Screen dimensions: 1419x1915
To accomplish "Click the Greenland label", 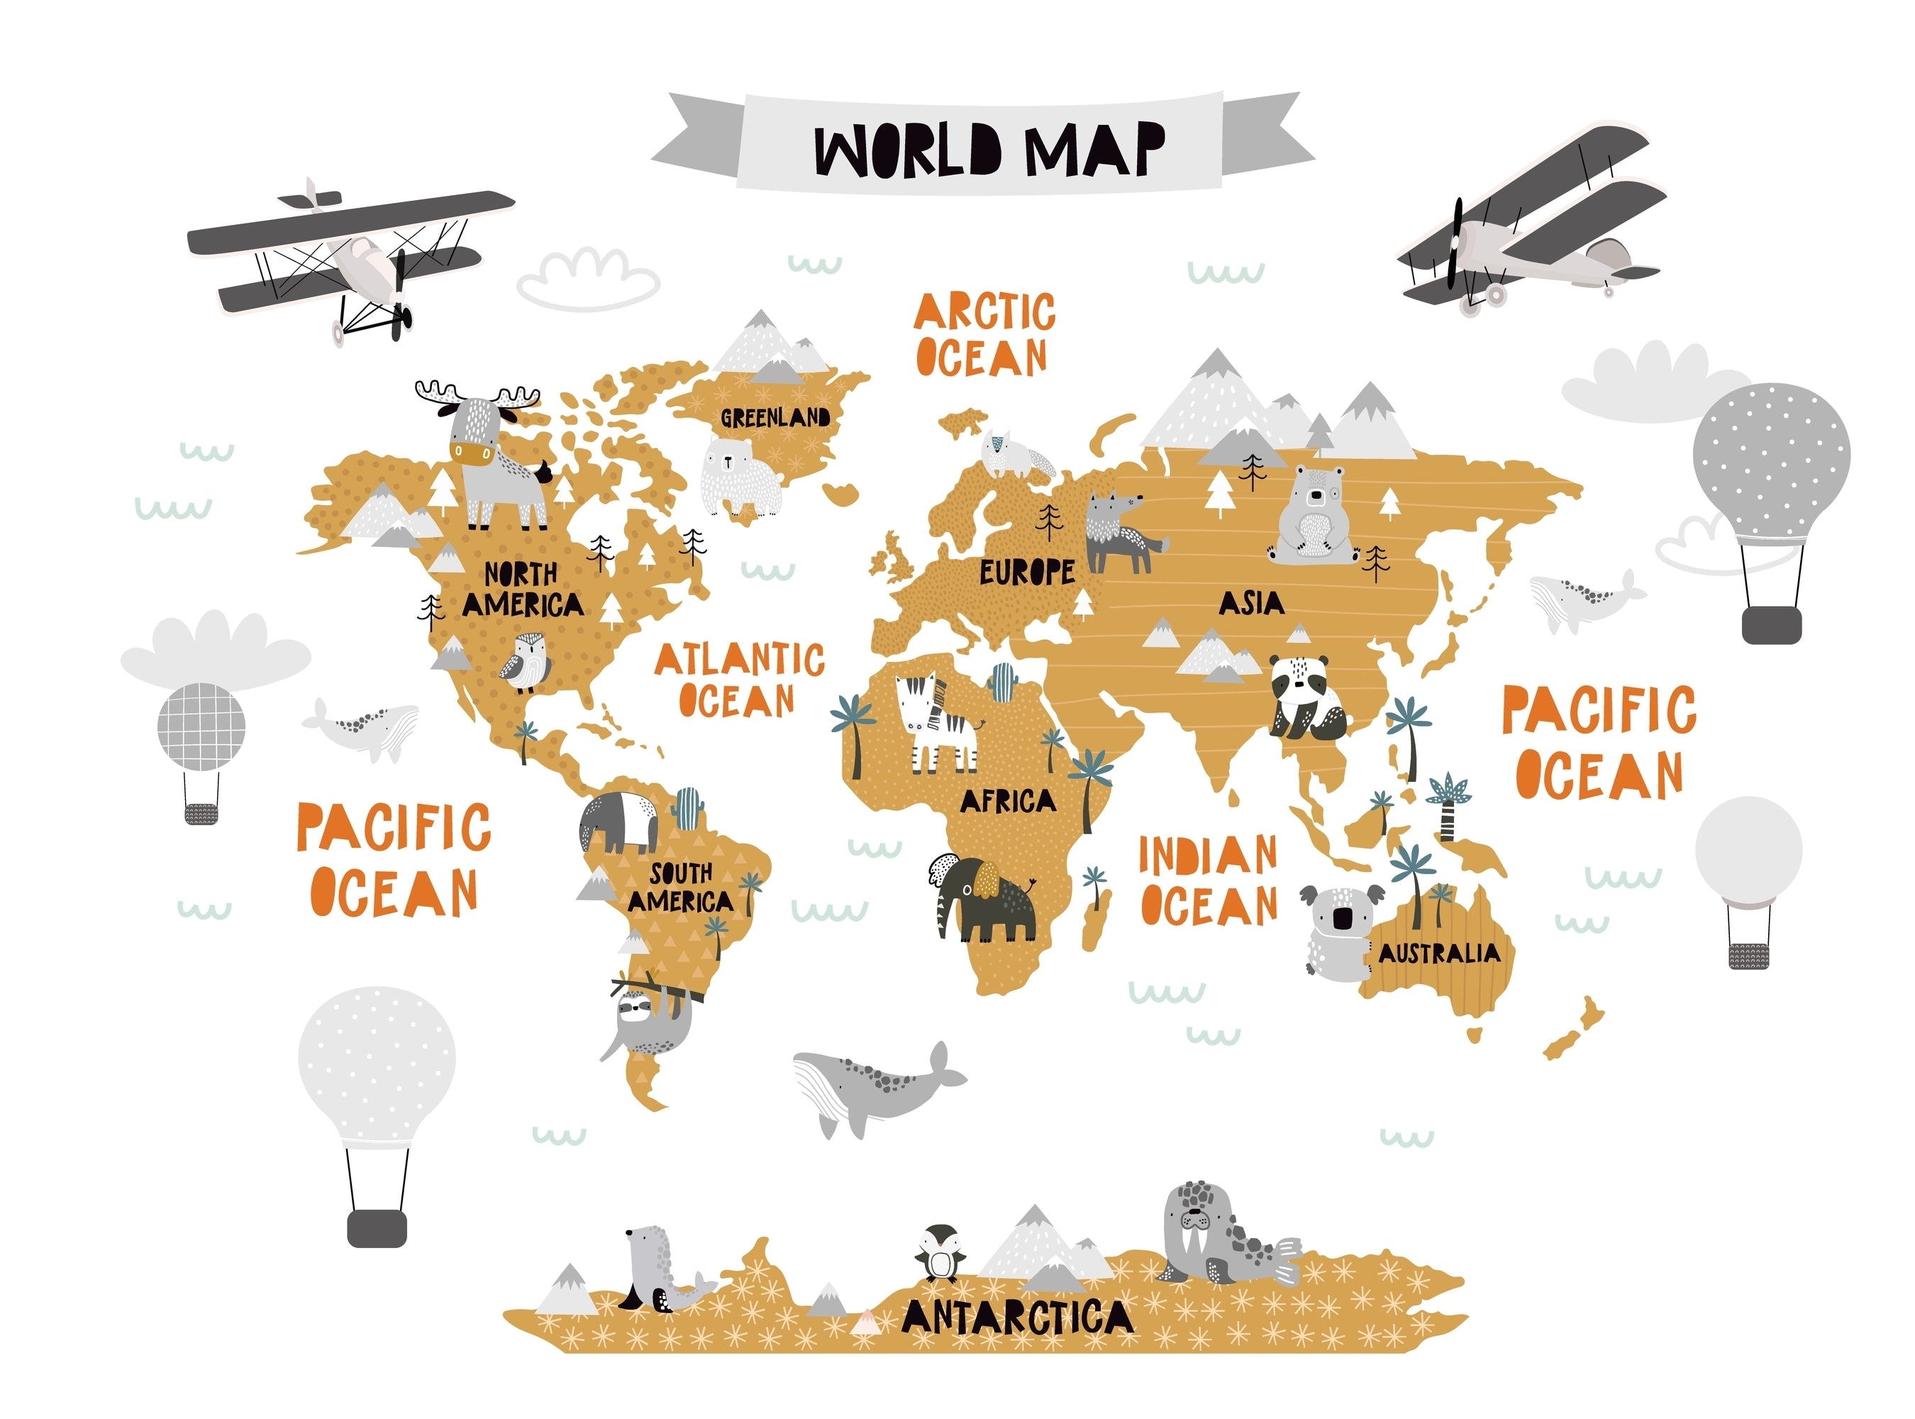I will (x=775, y=419).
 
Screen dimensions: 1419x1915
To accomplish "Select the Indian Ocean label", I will (x=1209, y=880).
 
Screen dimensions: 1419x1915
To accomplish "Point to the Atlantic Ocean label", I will (x=738, y=681).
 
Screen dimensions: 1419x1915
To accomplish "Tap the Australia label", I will (x=1439, y=954).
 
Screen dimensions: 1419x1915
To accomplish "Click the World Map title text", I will (x=989, y=150).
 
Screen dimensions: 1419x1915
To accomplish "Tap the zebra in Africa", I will (x=936, y=722).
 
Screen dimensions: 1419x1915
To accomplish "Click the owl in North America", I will (x=526, y=662).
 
